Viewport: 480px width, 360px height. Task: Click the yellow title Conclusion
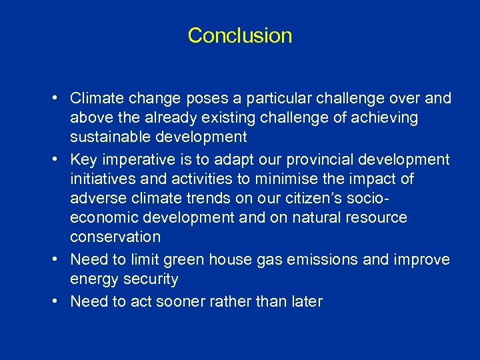pyautogui.click(x=240, y=35)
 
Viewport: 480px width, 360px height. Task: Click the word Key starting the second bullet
pyautogui.click(x=83, y=160)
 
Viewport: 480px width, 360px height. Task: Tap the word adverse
pyautogui.click(x=95, y=199)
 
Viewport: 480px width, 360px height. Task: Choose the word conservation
pyautogui.click(x=115, y=237)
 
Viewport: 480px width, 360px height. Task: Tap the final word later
pyautogui.click(x=305, y=301)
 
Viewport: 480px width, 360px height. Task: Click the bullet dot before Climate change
pyautogui.click(x=58, y=99)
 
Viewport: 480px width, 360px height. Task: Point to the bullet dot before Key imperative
pyautogui.click(x=58, y=160)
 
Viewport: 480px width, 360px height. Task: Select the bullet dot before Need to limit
pyautogui.click(x=58, y=259)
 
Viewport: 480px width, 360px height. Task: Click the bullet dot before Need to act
pyautogui.click(x=58, y=301)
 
